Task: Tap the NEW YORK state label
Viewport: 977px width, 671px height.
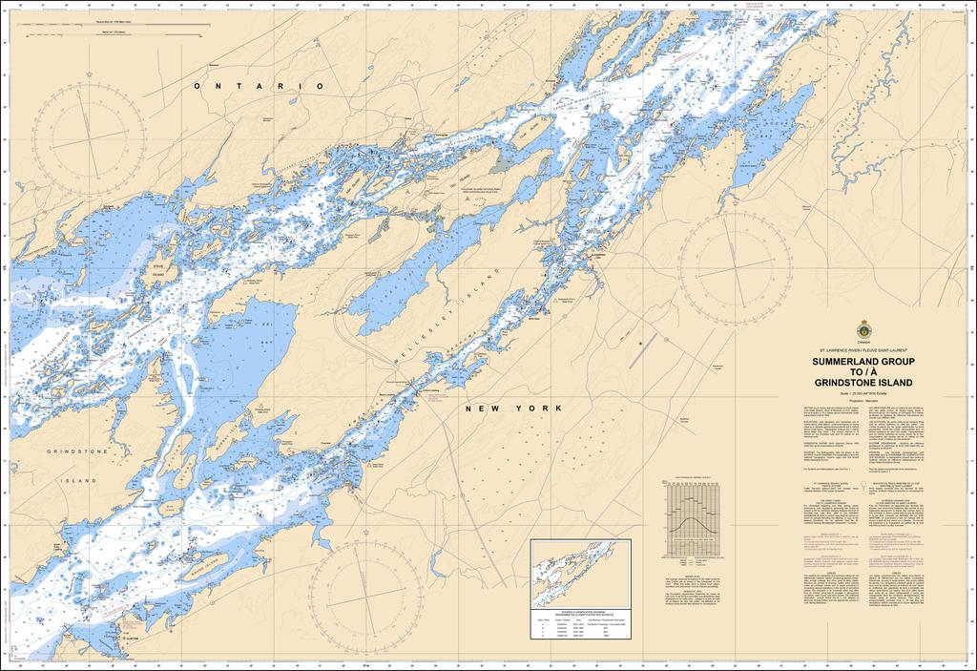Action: click(x=507, y=408)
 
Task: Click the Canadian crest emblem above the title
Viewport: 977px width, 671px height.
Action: click(x=863, y=327)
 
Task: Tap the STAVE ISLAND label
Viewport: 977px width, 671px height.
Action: click(x=158, y=276)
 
